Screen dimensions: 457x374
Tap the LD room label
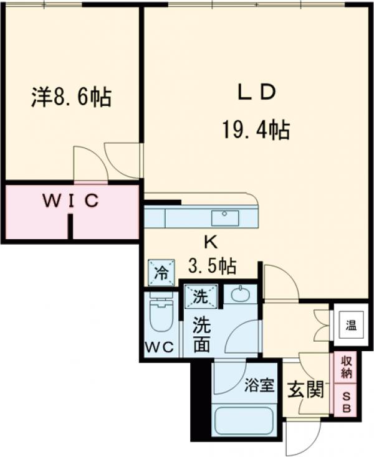click(255, 92)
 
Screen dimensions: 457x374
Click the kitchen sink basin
click(224, 218)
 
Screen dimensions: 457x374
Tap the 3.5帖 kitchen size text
click(212, 266)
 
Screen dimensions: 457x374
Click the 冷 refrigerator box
click(161, 273)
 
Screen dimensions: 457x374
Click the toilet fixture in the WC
click(161, 314)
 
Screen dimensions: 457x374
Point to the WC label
click(160, 347)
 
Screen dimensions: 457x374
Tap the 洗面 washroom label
click(201, 335)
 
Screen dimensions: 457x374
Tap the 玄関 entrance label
click(305, 390)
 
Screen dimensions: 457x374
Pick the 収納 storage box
click(346, 367)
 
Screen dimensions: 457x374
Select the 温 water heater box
click(351, 324)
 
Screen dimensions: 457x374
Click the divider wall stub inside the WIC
click(71, 227)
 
